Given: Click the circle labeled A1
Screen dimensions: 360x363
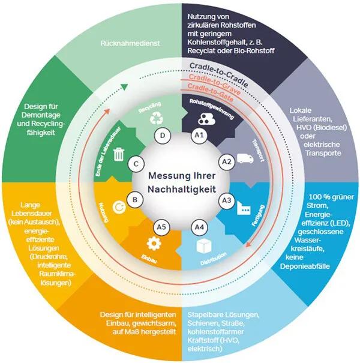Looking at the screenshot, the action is (199, 135).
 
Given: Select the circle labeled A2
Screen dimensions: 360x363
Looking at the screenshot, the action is (227, 162).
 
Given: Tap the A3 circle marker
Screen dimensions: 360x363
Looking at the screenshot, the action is (227, 200).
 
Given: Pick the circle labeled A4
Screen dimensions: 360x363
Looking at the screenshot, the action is (199, 227).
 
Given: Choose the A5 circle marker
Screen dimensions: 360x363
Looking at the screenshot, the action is (161, 227).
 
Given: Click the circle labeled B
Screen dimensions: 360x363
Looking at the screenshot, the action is (135, 200).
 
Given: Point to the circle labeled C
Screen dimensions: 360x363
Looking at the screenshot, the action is (136, 164).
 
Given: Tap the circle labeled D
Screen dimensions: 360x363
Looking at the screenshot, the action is (163, 136).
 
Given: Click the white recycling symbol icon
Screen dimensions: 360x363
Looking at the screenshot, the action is (157, 118).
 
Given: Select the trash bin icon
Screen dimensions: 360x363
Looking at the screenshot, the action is (119, 154).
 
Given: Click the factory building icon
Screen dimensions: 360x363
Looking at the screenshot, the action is (244, 208).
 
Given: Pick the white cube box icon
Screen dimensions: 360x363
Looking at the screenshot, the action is (204, 246).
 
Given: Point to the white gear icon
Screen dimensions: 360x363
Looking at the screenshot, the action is (154, 244).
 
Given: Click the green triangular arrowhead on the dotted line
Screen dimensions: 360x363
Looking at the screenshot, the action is (124, 87).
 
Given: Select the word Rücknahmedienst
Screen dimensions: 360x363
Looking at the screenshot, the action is (130, 43).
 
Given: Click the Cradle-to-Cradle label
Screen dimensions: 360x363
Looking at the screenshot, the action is (219, 74).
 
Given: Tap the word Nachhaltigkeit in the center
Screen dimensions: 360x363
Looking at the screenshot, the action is (182, 189).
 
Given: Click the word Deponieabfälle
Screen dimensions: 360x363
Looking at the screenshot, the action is (305, 266).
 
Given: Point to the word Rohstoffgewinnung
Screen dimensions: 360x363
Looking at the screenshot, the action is (212, 109).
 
